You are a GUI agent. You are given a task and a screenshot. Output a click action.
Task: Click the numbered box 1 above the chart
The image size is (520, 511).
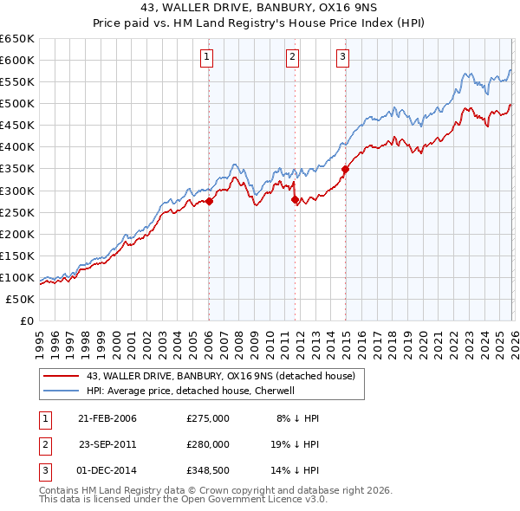(208, 58)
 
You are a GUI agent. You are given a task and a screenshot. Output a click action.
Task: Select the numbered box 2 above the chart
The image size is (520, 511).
(293, 58)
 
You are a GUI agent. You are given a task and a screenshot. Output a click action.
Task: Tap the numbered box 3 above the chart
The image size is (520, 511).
(342, 58)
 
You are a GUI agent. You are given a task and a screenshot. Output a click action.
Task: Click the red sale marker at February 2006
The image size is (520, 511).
(209, 201)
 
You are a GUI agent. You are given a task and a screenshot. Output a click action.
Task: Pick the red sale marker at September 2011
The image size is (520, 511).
(295, 199)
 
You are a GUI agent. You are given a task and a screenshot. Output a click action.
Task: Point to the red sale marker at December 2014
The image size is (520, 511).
(345, 170)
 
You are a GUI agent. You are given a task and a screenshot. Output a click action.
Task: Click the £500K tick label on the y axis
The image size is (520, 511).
(17, 103)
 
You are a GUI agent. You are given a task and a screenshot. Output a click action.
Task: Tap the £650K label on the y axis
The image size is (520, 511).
(17, 38)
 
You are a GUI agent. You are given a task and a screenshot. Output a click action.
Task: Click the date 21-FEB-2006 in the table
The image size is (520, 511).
(107, 418)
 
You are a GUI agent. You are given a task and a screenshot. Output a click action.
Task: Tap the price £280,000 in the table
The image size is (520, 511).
(208, 443)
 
